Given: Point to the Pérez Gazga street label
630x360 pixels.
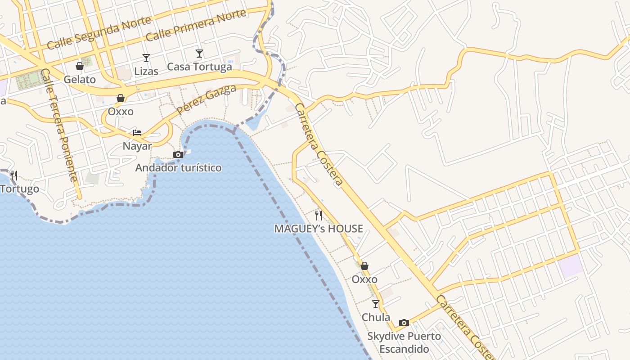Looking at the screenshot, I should [207, 100].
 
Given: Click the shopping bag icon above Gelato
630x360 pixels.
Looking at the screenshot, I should [80, 66].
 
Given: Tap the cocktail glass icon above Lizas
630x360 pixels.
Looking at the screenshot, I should [146, 58].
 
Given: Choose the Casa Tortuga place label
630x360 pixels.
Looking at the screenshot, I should [199, 67].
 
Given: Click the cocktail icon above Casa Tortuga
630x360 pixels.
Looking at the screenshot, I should [199, 54].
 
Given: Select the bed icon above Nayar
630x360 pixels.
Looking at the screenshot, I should [137, 132].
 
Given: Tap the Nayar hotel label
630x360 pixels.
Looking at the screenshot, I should [137, 146].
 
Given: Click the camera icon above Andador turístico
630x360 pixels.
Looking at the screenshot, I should [178, 154].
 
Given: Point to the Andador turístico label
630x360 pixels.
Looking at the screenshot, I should [178, 168].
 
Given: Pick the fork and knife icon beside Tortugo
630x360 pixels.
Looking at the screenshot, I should [14, 175].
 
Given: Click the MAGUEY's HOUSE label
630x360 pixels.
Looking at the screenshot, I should [319, 229].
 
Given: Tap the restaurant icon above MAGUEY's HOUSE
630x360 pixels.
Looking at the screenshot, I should [319, 215].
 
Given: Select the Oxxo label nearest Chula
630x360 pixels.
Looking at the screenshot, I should [364, 279].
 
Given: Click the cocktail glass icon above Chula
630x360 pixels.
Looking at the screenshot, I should [376, 304].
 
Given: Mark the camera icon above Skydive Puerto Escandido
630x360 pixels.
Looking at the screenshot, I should [404, 323].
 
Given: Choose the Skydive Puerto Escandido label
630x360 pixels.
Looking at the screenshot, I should [404, 342].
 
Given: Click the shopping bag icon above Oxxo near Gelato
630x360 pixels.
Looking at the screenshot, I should [121, 98].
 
